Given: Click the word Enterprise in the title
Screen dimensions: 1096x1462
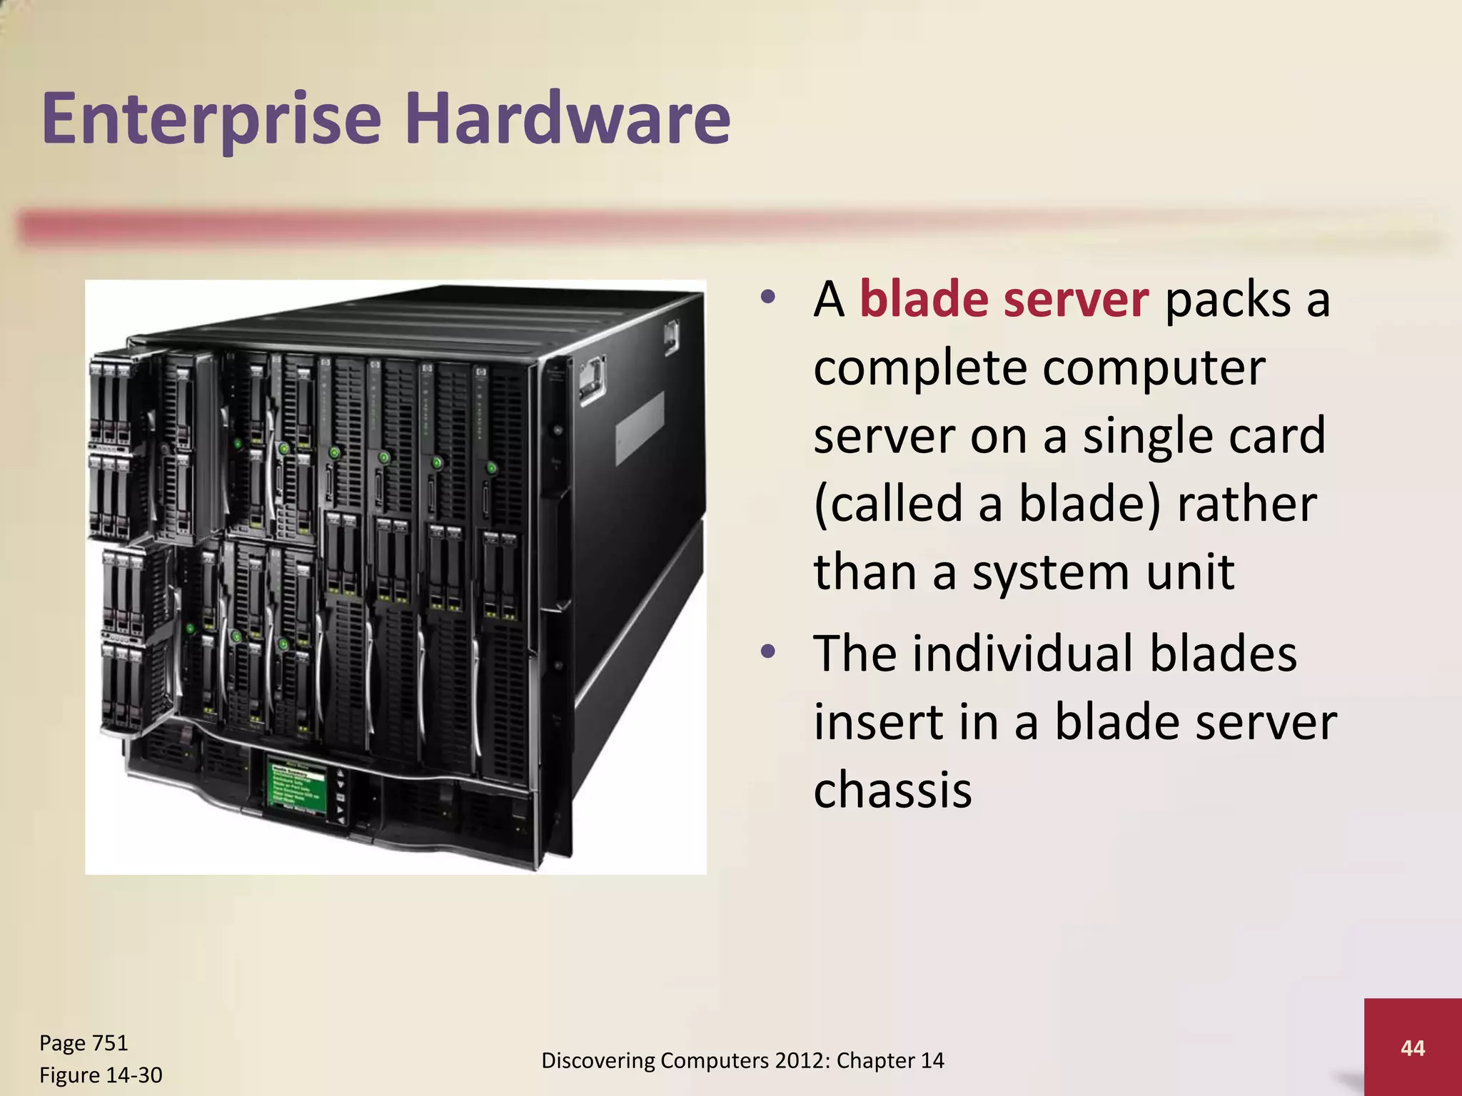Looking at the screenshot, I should point(212,119).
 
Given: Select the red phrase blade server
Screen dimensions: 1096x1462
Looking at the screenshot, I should point(1004,299).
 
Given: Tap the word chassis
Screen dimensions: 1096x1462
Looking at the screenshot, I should point(892,790).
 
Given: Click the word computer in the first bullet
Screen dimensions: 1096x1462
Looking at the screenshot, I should point(1154,369).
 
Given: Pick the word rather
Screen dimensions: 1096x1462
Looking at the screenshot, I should point(1246,504).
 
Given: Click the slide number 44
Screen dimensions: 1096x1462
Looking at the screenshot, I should point(1413,1047).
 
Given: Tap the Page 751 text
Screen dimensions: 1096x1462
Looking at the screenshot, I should point(84,1043).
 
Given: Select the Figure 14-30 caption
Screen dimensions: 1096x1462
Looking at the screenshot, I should point(101,1075).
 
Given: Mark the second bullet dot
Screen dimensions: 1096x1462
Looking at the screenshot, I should point(767,651).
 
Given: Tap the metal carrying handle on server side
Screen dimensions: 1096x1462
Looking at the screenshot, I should point(593,381).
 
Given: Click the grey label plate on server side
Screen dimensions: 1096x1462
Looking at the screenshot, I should point(640,428).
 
